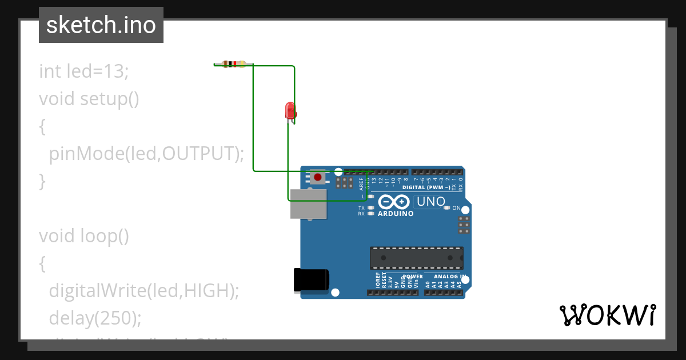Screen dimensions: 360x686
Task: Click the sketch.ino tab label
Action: click(101, 25)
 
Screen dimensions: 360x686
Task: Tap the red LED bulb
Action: click(290, 110)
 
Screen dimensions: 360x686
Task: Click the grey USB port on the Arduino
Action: click(309, 203)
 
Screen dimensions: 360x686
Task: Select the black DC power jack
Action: click(311, 279)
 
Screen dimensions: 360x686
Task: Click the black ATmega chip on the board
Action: click(416, 258)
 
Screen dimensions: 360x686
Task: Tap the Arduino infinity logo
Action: click(394, 202)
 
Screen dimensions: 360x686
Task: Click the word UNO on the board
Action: click(431, 202)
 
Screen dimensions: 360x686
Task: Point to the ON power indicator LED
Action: click(448, 208)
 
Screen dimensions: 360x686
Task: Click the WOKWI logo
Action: click(607, 315)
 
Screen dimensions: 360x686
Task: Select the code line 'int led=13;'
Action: click(84, 71)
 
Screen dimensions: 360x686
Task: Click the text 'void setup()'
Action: click(89, 99)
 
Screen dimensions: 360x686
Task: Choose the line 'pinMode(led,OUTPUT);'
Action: click(146, 153)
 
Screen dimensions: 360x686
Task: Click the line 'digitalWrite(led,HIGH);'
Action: click(143, 290)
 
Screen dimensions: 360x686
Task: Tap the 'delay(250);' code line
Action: click(94, 318)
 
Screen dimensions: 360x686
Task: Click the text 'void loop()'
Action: click(84, 235)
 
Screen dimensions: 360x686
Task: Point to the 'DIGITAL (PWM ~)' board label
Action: click(426, 187)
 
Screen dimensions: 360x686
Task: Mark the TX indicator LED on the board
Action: click(371, 208)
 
